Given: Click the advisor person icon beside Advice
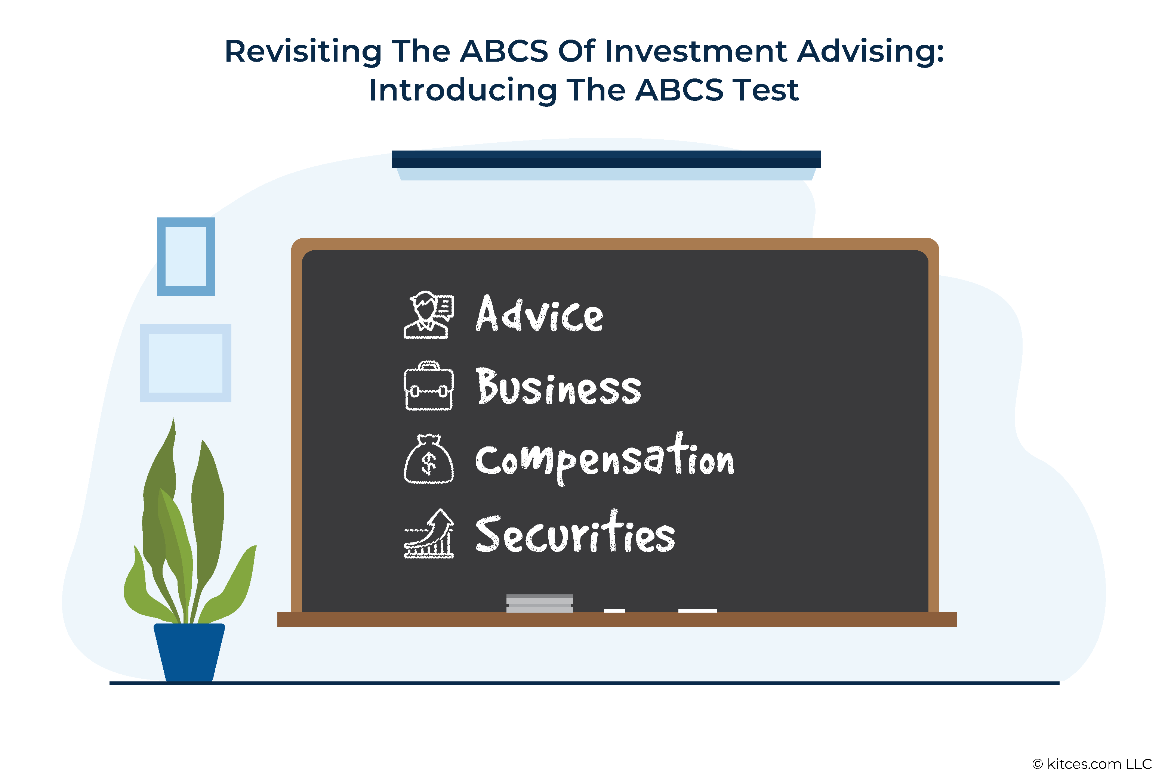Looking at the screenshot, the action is coord(429,315).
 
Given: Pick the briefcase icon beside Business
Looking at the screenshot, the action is coord(429,386).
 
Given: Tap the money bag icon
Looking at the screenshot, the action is coord(429,458).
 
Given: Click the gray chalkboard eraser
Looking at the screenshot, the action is coord(540,603).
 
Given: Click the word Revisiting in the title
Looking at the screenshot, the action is coord(303,52).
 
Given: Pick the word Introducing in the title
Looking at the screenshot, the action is coord(463,90).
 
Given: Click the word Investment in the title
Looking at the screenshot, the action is coord(696,52).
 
